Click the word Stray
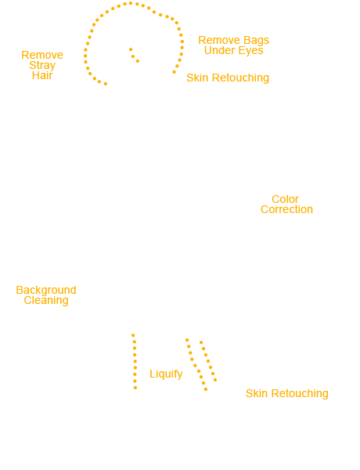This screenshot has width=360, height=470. pos(42,65)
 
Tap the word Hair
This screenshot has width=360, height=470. pos(42,75)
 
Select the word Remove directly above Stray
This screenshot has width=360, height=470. pos(42,55)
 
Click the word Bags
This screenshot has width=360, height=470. pos(256,41)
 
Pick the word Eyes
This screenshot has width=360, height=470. pos(250,51)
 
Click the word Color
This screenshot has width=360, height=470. pos(285,199)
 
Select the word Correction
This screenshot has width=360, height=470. pos(286,209)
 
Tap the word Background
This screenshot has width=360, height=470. pos(46,290)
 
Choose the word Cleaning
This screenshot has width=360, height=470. pos(46,301)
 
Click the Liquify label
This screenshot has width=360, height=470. pos(166,374)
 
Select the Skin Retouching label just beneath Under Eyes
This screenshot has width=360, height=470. pos(228,78)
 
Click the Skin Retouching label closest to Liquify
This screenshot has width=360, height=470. pos(287,393)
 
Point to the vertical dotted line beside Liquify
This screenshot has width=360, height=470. pos(135,361)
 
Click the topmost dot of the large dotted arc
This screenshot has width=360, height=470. pos(131,3)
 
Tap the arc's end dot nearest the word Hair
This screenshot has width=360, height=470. pos(106,84)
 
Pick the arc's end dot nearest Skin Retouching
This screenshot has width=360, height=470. pos(174,72)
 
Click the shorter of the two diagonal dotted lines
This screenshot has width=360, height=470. pos(208,361)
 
